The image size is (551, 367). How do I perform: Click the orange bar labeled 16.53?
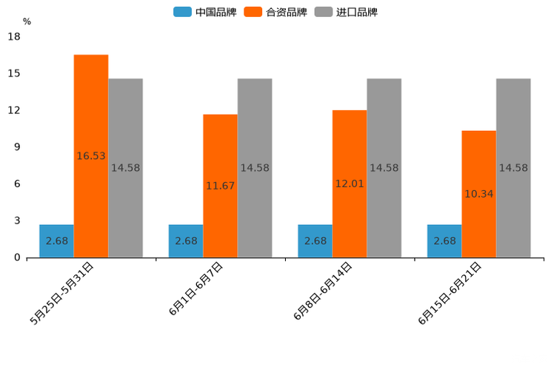tap(91, 156)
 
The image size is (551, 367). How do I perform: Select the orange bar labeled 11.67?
tap(220, 186)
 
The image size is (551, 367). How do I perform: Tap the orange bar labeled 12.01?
tap(350, 183)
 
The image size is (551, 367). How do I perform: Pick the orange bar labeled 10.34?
tap(478, 194)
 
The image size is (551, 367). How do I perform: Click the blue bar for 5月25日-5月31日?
tap(56, 240)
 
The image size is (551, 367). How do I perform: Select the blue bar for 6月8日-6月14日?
tap(315, 240)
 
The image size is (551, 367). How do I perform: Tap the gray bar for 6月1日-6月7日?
tap(255, 168)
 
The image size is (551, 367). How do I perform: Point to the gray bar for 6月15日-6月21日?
tap(513, 168)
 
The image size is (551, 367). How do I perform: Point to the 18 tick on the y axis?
tap(13, 36)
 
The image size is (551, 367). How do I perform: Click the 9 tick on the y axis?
tap(16, 147)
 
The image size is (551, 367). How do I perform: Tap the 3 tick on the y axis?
tap(16, 220)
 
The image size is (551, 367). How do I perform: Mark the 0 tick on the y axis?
tap(16, 257)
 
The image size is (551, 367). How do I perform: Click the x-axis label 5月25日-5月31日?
tap(62, 293)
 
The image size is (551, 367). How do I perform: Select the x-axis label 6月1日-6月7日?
tap(196, 289)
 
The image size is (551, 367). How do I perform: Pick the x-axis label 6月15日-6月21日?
tap(451, 293)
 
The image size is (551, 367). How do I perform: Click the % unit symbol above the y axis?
tap(27, 21)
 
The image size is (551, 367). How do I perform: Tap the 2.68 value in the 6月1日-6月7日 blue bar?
tap(186, 240)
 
